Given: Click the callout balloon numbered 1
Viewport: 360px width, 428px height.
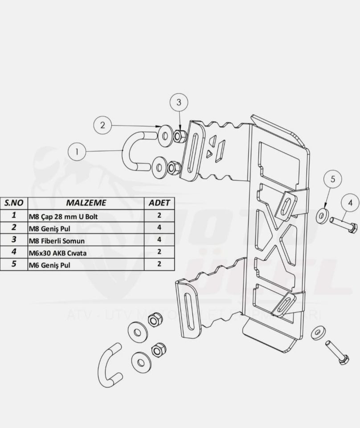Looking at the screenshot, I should [x=77, y=152].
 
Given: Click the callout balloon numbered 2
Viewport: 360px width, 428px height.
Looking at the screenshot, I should [x=102, y=125].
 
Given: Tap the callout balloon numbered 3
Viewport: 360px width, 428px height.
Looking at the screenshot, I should [x=179, y=103].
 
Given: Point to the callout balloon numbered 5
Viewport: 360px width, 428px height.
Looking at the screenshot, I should [x=332, y=180].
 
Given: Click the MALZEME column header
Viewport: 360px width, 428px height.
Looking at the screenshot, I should [x=86, y=202].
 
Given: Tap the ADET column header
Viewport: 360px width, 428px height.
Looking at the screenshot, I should [x=160, y=202].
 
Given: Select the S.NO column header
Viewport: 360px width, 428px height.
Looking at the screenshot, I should [x=14, y=202].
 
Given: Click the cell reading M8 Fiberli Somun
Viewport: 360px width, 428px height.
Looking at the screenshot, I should [x=86, y=241].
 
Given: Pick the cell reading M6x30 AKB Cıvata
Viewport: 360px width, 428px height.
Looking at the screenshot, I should [x=86, y=253].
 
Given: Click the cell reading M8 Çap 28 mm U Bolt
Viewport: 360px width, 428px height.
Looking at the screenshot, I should [x=86, y=216].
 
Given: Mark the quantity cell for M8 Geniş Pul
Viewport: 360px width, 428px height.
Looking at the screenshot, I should [x=160, y=228].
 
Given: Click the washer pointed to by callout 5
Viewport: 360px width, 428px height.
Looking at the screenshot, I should [x=323, y=216].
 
